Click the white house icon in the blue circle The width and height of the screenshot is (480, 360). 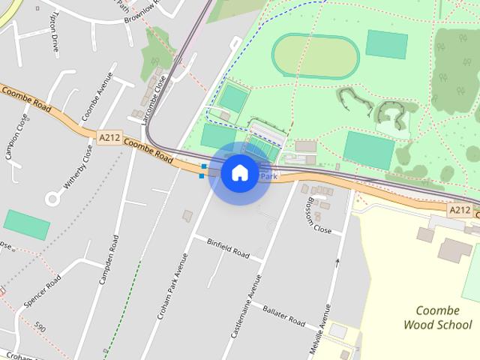(x=239, y=172)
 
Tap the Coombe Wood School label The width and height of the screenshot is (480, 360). (x=437, y=317)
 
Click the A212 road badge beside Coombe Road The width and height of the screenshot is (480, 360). (x=108, y=136)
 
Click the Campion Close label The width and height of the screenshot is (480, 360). (x=16, y=137)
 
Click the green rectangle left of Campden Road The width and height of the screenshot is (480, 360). (x=27, y=224)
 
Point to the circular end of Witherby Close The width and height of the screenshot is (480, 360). (x=54, y=199)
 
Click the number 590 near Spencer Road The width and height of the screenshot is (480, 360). (x=40, y=327)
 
